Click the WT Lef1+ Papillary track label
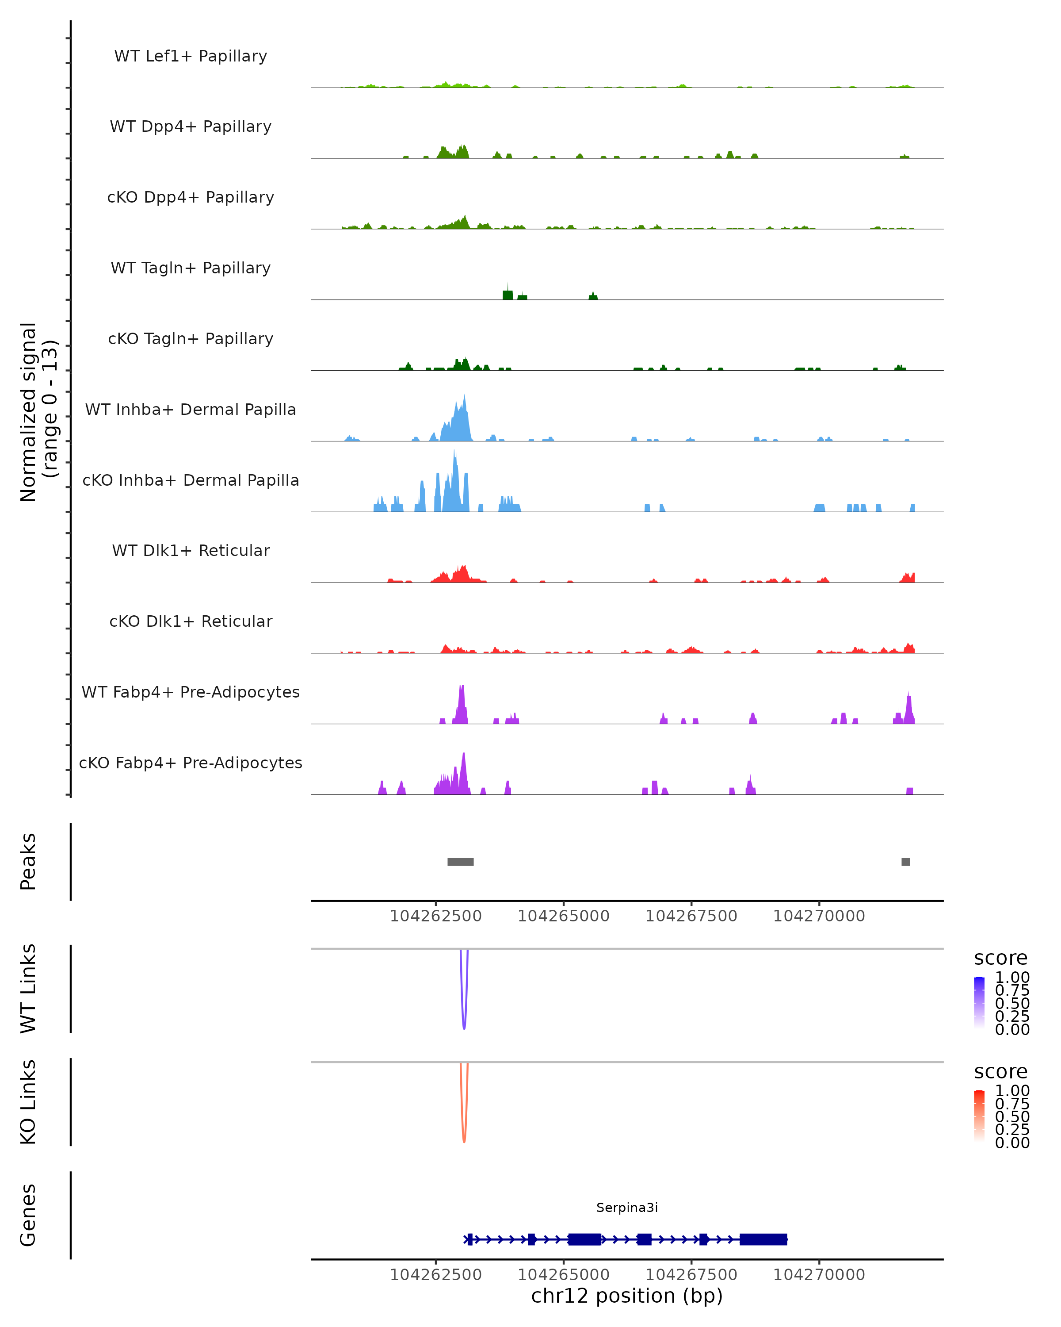point(191,56)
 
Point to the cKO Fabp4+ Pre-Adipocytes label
point(191,763)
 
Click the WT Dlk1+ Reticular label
point(191,550)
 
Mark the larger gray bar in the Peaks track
point(460,862)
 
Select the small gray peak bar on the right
point(905,862)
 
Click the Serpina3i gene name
point(627,1208)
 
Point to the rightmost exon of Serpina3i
point(763,1239)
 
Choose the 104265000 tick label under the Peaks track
point(563,916)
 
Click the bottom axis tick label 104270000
point(819,1275)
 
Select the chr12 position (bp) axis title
point(627,1296)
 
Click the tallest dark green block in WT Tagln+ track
point(508,294)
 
